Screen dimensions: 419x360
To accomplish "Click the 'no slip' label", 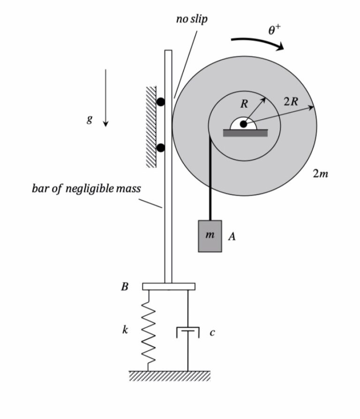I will pyautogui.click(x=191, y=19).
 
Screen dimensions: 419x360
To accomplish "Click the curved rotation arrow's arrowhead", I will pyautogui.click(x=280, y=46).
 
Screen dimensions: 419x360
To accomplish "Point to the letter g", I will pyautogui.click(x=89, y=120).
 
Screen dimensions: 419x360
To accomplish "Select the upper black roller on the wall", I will pyautogui.click(x=161, y=101).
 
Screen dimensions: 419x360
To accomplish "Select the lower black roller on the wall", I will pyautogui.click(x=161, y=148).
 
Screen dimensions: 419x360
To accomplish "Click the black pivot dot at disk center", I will pyautogui.click(x=243, y=124).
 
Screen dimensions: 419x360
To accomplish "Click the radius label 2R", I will pyautogui.click(x=290, y=101).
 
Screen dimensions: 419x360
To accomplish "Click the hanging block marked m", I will pyautogui.click(x=210, y=236).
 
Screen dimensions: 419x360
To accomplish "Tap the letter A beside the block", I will pyautogui.click(x=232, y=237).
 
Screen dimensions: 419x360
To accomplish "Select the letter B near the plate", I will pyautogui.click(x=125, y=287).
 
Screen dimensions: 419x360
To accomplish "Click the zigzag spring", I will pyautogui.click(x=149, y=330).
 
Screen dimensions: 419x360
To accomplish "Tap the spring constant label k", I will pyautogui.click(x=125, y=330).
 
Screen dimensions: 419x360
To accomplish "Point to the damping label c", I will pyautogui.click(x=212, y=333).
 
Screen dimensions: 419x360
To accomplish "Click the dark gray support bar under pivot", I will pyautogui.click(x=245, y=133).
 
